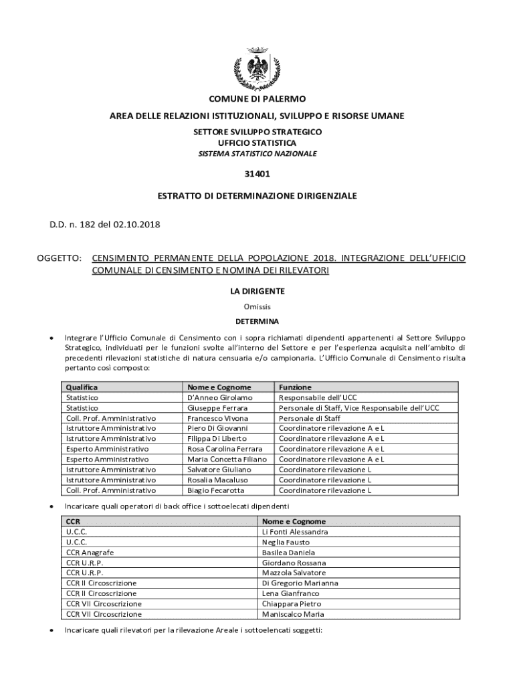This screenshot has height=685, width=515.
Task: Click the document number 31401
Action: pos(257,175)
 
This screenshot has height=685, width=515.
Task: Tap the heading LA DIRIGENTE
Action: pos(257,291)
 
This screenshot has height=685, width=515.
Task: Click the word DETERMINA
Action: pos(257,321)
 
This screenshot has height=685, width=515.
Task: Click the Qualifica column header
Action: pos(82,387)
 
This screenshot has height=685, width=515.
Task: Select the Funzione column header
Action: pos(294,387)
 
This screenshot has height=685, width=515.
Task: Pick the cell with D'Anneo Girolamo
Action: pos(220,397)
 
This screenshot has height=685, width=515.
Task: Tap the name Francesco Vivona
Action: pos(217,417)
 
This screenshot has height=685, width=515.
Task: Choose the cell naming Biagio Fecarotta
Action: pos(217,490)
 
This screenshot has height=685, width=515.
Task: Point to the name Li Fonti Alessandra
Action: pos(295,532)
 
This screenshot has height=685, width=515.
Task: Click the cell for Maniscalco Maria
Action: pos(293,614)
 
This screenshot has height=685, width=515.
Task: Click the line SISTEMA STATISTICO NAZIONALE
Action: pos(257,153)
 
